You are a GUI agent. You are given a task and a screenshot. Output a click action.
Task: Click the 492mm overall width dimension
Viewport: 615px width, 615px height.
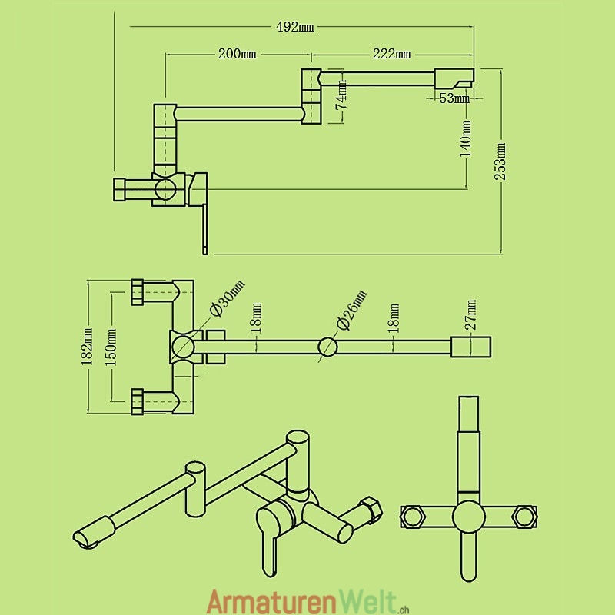click(294, 28)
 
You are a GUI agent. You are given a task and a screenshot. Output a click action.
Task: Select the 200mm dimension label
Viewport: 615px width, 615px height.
click(237, 54)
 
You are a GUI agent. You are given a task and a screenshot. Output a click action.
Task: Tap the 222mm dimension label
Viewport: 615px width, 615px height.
click(391, 54)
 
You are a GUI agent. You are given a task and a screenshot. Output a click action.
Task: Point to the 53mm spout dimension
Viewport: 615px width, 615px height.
click(454, 98)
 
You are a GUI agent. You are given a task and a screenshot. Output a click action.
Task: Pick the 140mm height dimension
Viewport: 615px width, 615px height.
click(467, 139)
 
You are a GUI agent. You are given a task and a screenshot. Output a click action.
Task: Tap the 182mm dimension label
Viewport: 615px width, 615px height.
click(88, 347)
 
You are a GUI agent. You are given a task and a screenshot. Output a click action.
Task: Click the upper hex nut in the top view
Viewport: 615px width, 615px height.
click(138, 291)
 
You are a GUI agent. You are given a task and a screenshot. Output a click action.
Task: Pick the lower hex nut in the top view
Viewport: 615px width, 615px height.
click(138, 401)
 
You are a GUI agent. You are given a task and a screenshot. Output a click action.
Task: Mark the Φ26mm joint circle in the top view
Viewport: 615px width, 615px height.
click(327, 347)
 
